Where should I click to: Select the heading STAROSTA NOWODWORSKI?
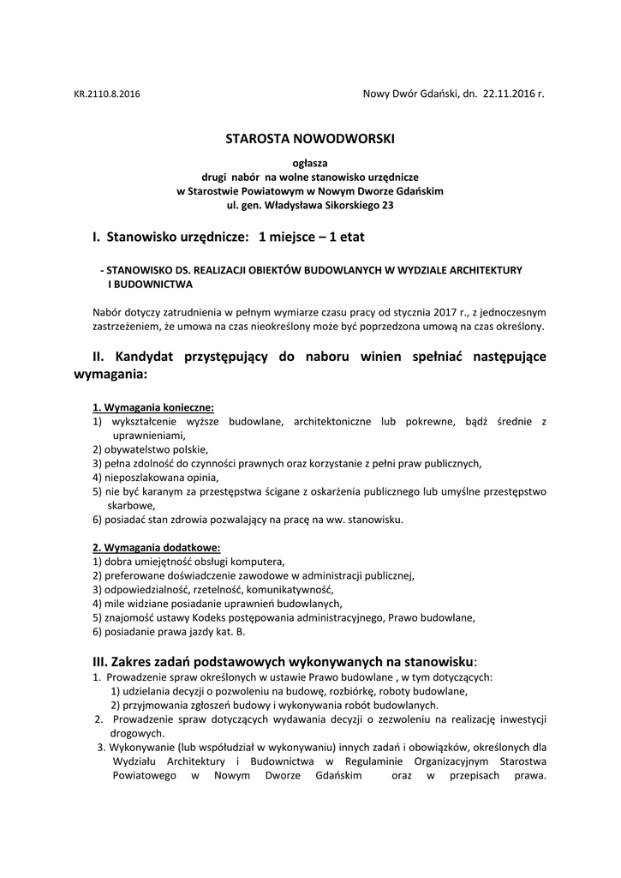(310, 137)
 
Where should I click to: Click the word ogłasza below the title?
(310, 162)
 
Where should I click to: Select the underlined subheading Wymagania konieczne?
(153, 407)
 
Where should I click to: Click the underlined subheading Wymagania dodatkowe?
(156, 547)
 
